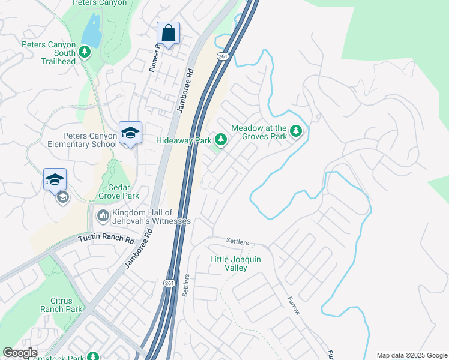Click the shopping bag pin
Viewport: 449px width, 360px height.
click(169, 33)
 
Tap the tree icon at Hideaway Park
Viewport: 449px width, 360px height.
click(221, 140)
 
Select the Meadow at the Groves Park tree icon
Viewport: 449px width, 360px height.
click(295, 131)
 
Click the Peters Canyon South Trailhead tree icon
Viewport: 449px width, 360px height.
click(85, 52)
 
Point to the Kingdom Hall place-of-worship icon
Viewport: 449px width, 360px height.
click(103, 214)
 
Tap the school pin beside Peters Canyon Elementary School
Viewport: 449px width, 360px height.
click(130, 133)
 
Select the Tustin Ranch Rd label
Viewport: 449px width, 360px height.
click(107, 238)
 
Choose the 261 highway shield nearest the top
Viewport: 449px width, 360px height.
click(223, 56)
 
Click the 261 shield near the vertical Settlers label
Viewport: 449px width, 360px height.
click(169, 283)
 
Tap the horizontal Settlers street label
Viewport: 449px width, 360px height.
click(238, 241)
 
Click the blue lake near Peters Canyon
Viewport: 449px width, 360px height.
click(91, 30)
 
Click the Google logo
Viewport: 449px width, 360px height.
click(20, 353)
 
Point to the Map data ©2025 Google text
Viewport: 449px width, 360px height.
click(411, 355)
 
